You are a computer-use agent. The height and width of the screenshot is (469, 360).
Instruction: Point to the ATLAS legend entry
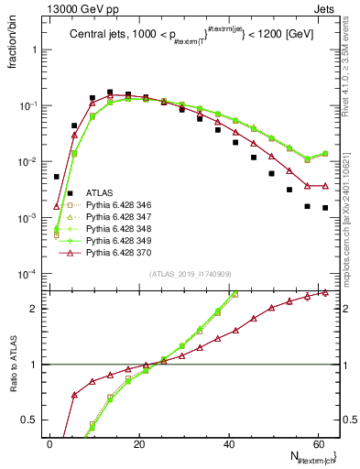coord(100,193)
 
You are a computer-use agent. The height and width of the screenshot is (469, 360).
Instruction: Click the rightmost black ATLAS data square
coord(325,208)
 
